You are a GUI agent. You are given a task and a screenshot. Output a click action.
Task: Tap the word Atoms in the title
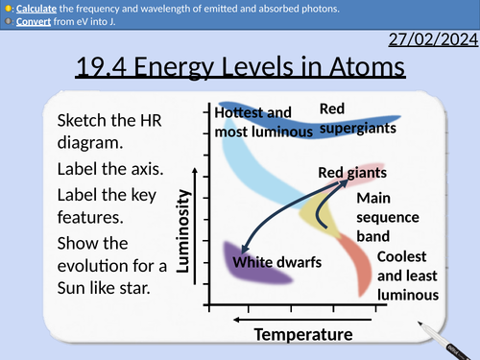click(x=361, y=68)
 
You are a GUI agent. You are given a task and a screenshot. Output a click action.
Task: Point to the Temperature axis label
click(x=302, y=334)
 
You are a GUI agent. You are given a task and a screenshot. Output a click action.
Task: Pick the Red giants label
click(x=352, y=173)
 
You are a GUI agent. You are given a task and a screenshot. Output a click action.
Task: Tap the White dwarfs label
click(x=276, y=262)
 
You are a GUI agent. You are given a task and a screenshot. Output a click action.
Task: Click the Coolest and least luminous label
click(x=407, y=277)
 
